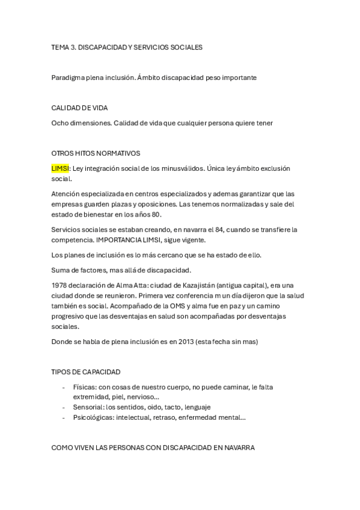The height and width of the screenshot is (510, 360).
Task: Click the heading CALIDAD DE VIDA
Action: [79, 108]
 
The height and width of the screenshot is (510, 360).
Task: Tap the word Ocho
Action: [61, 123]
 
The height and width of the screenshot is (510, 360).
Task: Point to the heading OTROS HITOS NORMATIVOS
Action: [96, 154]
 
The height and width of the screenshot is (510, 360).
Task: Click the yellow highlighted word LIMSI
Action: [61, 169]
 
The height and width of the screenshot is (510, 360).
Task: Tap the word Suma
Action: [61, 270]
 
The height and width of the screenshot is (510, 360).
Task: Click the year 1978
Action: [61, 284]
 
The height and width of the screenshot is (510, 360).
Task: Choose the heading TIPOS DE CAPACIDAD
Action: [85, 372]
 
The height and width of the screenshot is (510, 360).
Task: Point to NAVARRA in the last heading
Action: [237, 448]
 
